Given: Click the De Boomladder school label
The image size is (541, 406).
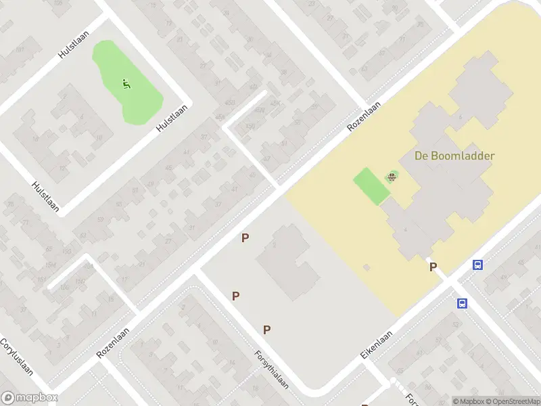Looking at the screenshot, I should click(x=454, y=156).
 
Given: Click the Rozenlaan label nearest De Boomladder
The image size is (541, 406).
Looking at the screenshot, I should click(x=364, y=116).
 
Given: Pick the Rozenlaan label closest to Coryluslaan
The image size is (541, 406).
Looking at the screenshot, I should click(x=112, y=344).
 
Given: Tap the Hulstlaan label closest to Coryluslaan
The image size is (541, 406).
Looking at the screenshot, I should click(x=45, y=197).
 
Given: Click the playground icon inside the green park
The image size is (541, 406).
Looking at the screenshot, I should click(x=126, y=85).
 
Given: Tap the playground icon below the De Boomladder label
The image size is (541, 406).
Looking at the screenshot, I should click(x=392, y=178).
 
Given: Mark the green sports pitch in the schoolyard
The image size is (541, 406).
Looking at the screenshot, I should click(x=371, y=185).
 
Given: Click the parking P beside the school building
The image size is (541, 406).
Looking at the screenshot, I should click(x=433, y=267).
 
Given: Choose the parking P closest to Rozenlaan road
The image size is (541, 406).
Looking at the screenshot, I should click(x=245, y=238).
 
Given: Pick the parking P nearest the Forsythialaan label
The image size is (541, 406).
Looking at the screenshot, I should click(x=267, y=330).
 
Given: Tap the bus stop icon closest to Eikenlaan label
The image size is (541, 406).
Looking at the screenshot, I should click(x=463, y=304).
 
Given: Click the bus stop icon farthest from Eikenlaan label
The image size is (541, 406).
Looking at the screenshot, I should click(x=478, y=265).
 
